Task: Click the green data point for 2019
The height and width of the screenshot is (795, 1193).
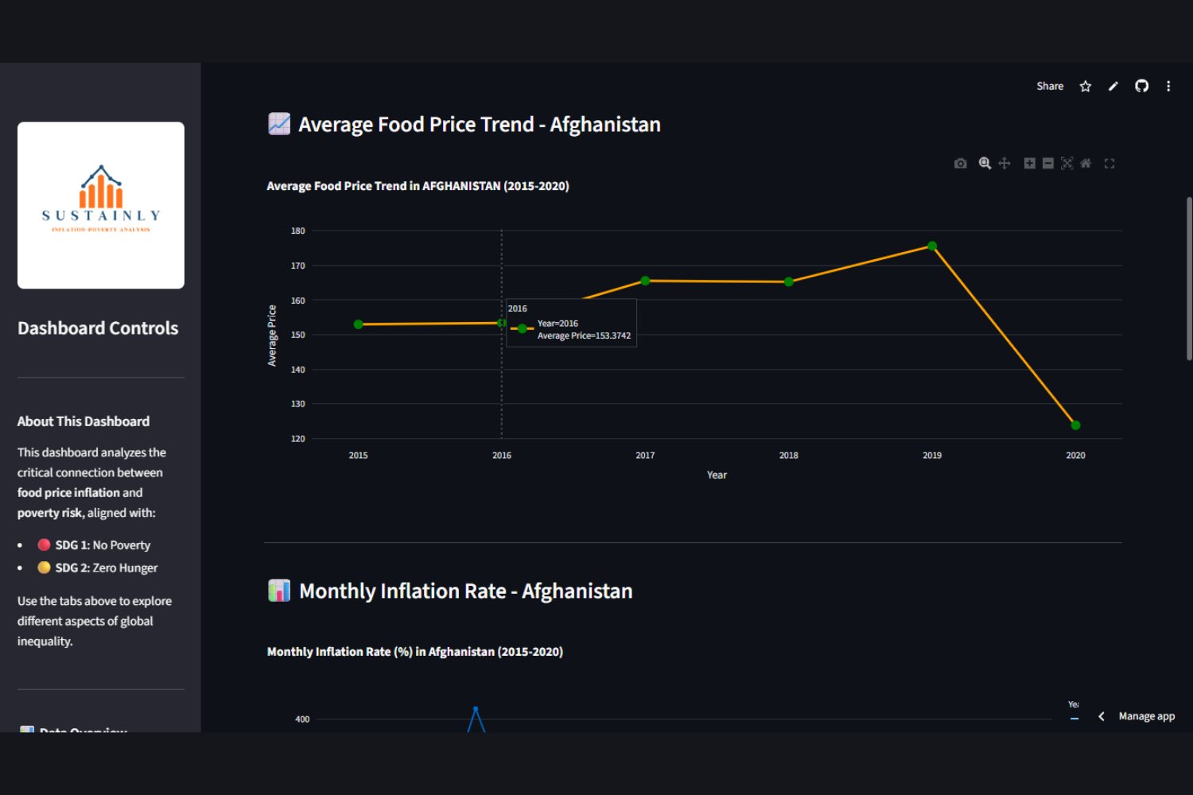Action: pyautogui.click(x=932, y=246)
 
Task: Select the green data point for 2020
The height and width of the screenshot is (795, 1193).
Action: pyautogui.click(x=1075, y=425)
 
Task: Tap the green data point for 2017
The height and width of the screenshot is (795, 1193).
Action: pyautogui.click(x=645, y=281)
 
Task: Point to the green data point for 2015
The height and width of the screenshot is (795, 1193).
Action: pyautogui.click(x=359, y=324)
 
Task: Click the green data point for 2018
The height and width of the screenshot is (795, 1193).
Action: pyautogui.click(x=788, y=282)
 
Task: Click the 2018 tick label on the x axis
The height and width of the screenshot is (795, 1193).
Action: pyautogui.click(x=788, y=456)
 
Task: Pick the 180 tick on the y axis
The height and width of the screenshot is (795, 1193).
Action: pyautogui.click(x=298, y=231)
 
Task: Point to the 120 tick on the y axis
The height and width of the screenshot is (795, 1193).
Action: pyautogui.click(x=298, y=439)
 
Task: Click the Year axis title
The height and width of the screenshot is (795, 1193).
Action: pyautogui.click(x=717, y=475)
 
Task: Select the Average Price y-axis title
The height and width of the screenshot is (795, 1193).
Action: pyautogui.click(x=272, y=335)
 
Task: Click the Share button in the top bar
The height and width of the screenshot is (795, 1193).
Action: pyautogui.click(x=1050, y=87)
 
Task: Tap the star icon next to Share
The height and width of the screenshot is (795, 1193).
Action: pyautogui.click(x=1086, y=87)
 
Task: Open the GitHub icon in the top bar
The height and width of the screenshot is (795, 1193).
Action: pyautogui.click(x=1141, y=87)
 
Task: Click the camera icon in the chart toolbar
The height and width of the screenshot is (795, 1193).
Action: pyautogui.click(x=961, y=164)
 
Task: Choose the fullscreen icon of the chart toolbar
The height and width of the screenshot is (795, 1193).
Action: pyautogui.click(x=1109, y=164)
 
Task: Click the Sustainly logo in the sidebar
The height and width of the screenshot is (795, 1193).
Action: pyautogui.click(x=101, y=205)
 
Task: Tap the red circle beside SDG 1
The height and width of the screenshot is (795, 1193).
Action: pyautogui.click(x=45, y=545)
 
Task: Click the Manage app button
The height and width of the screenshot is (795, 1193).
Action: pyautogui.click(x=1146, y=716)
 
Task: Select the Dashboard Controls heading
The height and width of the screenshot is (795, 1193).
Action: pyautogui.click(x=98, y=328)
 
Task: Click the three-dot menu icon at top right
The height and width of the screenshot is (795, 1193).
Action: pyautogui.click(x=1168, y=87)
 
